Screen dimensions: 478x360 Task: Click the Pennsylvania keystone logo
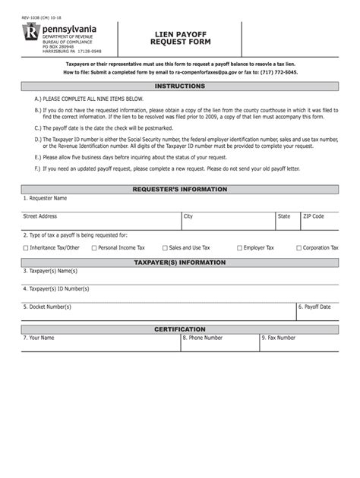[x=31, y=34]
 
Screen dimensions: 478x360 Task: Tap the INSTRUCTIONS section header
[x=180, y=86]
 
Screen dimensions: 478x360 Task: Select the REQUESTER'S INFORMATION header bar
[x=180, y=189]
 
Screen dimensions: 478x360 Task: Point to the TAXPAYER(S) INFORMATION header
[x=180, y=263]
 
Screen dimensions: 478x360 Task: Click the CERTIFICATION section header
[x=180, y=329]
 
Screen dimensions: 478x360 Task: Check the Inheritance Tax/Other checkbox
[x=27, y=248]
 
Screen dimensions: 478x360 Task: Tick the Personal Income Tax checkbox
[x=94, y=248]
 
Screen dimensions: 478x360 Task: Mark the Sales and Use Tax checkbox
[x=165, y=248]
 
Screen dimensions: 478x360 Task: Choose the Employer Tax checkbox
[x=239, y=248]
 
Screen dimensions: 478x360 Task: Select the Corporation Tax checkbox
[x=298, y=248]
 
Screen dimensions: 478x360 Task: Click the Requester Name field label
[x=47, y=198]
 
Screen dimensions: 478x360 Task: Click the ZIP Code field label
[x=313, y=216]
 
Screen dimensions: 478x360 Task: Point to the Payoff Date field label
[x=316, y=307]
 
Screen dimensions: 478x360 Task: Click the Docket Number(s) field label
[x=49, y=307]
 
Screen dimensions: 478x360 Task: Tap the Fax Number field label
[x=279, y=338]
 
